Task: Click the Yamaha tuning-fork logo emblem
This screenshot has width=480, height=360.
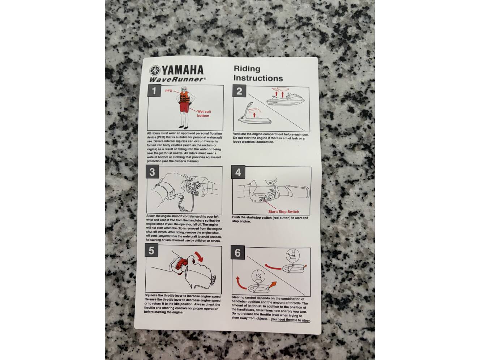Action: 155,71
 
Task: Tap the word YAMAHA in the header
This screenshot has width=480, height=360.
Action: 183,70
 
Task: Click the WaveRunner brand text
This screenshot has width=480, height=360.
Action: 177,80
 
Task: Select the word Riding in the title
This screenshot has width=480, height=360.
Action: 247,69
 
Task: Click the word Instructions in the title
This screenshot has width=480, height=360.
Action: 258,78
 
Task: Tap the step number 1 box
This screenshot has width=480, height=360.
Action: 154,91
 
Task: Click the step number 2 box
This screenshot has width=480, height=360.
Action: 239,91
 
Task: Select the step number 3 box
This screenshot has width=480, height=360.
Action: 153,172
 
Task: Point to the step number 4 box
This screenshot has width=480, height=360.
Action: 238,172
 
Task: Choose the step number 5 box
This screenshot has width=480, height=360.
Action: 151,250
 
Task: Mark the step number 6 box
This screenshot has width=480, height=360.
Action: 238,253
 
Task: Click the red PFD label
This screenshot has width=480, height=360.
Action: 168,91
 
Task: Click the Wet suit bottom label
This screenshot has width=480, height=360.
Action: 204,113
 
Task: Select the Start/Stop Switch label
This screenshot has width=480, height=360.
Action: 283,211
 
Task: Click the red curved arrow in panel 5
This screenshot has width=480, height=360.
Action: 199,256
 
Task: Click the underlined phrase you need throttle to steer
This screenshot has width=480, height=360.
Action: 290,320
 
